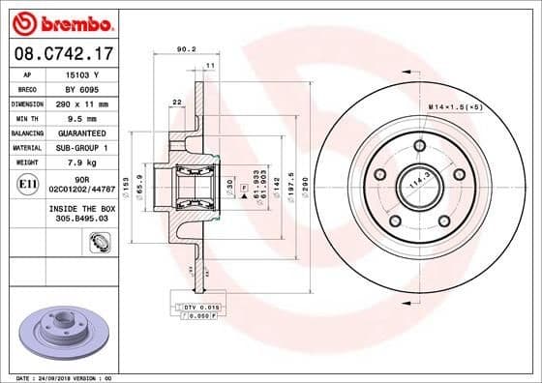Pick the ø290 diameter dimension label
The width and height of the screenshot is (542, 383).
tap(306, 181)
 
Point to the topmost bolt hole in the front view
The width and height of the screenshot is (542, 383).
tap(419, 146)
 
